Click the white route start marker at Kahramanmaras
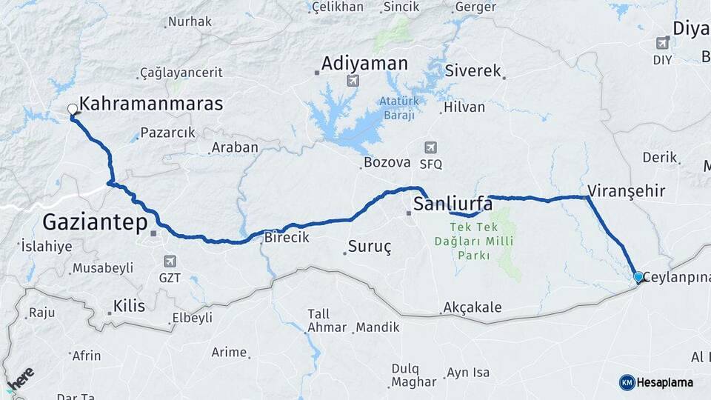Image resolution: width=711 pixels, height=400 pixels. click(x=73, y=110)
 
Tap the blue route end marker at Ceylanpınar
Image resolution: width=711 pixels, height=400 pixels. click(x=638, y=277)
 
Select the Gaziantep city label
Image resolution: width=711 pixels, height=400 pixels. click(x=96, y=221)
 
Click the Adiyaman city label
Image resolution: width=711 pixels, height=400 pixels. click(x=364, y=64)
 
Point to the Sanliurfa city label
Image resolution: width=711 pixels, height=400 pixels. click(x=453, y=203)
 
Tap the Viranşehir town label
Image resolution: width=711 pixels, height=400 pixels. click(x=626, y=191)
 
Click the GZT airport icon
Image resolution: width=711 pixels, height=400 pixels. click(x=170, y=261)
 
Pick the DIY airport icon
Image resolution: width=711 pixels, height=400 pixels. click(x=662, y=43)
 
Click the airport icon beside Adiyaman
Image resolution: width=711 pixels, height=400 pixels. click(x=353, y=80)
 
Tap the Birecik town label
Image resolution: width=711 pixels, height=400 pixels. click(x=287, y=238)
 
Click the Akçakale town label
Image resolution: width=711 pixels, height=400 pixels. click(x=473, y=307)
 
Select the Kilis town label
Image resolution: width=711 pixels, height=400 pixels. click(x=129, y=306)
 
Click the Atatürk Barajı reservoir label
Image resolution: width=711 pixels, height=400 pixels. click(x=398, y=108)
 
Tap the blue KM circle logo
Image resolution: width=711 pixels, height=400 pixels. click(x=627, y=382)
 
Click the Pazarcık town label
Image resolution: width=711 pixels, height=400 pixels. click(x=167, y=133)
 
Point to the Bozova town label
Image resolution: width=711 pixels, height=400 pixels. click(x=387, y=162)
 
